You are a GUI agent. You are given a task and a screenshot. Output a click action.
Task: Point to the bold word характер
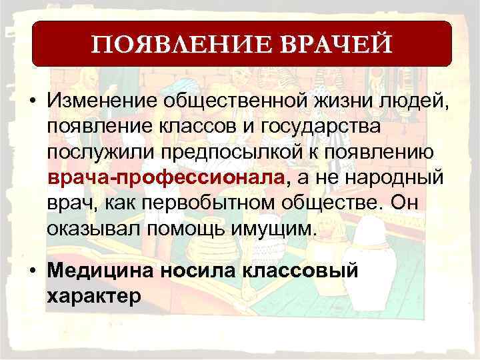94,296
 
